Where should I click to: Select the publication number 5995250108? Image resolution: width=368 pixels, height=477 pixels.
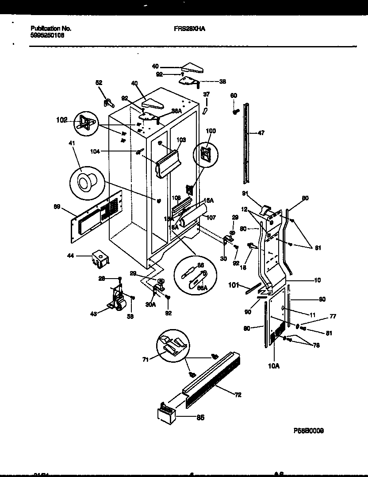click(48, 36)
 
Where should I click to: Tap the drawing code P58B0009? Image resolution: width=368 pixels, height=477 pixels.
click(308, 430)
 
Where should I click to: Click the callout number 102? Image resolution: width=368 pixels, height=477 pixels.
click(61, 120)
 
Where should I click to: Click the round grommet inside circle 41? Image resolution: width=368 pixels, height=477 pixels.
click(84, 182)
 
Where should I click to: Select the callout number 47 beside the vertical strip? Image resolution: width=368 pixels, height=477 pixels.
click(261, 133)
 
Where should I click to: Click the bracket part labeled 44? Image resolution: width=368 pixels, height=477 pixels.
click(100, 258)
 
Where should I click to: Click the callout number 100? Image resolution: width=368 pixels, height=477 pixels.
click(211, 131)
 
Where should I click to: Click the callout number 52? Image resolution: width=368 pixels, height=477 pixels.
click(99, 82)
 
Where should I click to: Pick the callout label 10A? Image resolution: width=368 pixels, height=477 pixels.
click(274, 366)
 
